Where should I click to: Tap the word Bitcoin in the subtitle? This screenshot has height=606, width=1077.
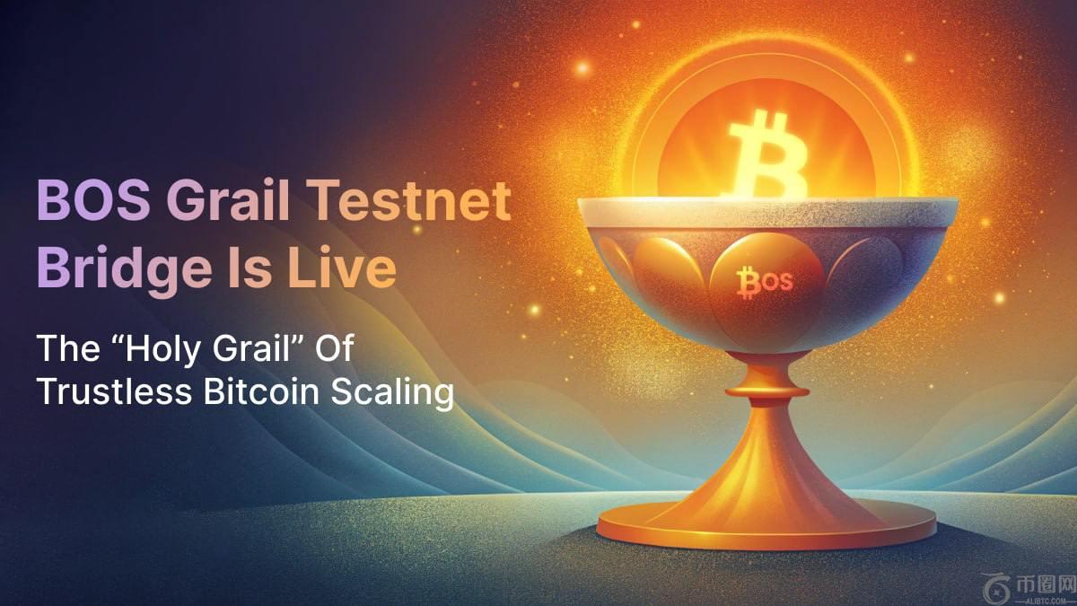(249, 392)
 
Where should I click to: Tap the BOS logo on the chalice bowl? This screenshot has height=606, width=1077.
(765, 282)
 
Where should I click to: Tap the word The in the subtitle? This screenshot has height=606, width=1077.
(63, 348)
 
